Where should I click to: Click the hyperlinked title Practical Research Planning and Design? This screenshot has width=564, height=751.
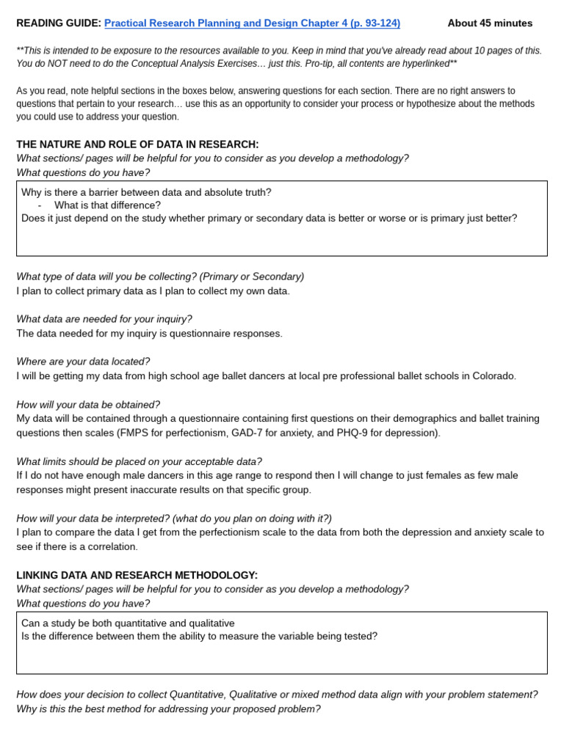[x=252, y=23]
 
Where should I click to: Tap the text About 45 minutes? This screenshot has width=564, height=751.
[x=490, y=23]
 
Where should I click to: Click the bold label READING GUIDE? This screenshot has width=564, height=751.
[x=59, y=23]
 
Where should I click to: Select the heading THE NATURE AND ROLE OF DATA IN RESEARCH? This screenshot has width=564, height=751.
[x=137, y=144]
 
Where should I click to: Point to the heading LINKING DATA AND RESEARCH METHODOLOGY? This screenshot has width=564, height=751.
[x=137, y=576]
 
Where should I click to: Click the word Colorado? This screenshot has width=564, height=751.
[x=493, y=376]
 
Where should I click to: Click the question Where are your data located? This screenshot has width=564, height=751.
[x=83, y=362]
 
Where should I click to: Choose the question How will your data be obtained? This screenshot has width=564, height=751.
[x=88, y=405]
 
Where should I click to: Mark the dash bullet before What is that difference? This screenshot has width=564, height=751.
[x=40, y=205]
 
